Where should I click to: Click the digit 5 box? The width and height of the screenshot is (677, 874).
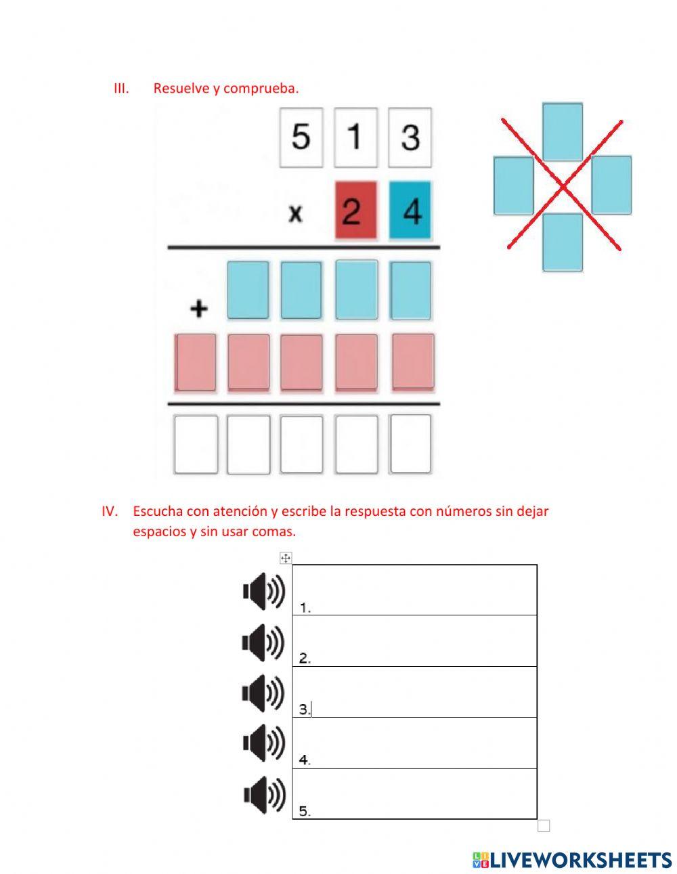pos(301,137)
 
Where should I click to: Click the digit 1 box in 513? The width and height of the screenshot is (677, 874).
pos(355,137)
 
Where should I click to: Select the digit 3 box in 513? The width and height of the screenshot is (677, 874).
pos(410,137)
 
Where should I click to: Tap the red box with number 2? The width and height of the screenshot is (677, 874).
pos(355,210)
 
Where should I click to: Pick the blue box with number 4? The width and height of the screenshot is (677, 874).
pos(410,210)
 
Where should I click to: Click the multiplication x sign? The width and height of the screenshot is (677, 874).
pos(295,215)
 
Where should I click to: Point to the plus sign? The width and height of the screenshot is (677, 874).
pos(198,309)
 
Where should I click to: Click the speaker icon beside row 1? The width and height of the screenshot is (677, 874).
pos(264,591)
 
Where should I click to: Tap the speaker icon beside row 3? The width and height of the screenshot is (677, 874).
pos(264,693)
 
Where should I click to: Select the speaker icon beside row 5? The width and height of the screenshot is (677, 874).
pos(264,794)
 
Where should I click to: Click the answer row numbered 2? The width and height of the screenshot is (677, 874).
pos(414,641)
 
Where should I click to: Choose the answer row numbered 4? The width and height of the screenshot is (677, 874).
pos(414,743)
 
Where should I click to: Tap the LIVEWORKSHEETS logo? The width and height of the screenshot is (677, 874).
pos(572,860)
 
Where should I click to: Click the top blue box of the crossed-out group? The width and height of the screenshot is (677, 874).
pos(562,131)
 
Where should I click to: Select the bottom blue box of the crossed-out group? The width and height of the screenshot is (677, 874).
pos(562,242)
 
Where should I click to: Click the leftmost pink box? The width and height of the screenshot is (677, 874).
pos(196,362)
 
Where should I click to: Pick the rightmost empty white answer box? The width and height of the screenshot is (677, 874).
pos(410,443)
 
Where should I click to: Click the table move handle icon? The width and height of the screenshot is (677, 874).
pos(286,558)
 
